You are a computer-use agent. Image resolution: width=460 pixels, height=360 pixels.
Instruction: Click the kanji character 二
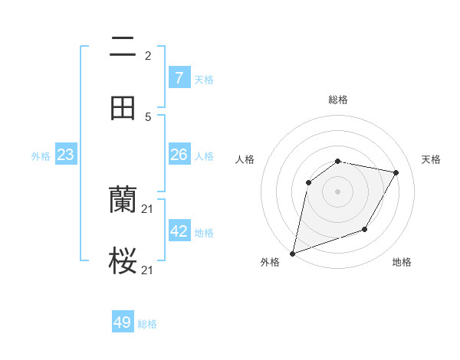pos(123,47)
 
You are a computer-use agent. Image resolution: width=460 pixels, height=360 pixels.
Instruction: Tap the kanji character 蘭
pos(123,201)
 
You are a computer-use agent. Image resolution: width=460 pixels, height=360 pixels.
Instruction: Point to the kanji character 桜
pos(123,261)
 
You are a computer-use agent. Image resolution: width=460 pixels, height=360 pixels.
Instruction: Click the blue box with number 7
pos(179,78)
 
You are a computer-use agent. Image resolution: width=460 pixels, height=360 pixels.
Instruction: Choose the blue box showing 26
pos(179,155)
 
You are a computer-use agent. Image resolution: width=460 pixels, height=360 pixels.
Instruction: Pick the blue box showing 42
pos(179,231)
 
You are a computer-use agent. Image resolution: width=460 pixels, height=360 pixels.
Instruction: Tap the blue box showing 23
pos(65,155)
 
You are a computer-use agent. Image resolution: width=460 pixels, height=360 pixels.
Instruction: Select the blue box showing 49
pos(123,322)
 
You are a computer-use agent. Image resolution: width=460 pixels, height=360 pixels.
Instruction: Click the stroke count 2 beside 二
pos(147,56)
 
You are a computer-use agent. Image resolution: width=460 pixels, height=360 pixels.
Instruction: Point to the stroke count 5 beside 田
pos(147,117)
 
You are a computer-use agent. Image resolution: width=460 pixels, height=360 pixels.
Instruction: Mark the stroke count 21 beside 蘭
pos(148,209)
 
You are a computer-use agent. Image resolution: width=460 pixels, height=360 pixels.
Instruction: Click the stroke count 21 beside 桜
pos(148,270)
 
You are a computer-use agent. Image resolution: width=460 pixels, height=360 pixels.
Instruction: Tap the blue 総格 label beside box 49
pos(147,324)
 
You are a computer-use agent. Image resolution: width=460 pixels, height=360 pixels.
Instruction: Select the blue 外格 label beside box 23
pos(41,156)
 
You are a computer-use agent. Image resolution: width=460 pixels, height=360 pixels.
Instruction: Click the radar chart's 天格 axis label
pos(431,159)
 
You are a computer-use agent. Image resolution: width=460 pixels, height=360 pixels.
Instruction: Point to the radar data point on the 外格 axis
pos(292,253)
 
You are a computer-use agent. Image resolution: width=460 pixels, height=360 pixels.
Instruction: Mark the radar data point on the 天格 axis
pos(396,172)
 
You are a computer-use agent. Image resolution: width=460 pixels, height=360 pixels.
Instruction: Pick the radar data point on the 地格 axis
pos(365,229)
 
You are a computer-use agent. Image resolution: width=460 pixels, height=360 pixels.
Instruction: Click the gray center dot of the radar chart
pos(337,191)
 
